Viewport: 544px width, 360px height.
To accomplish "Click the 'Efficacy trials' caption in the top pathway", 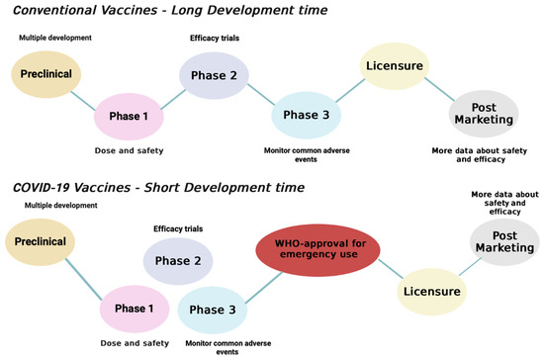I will (x=215, y=38).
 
